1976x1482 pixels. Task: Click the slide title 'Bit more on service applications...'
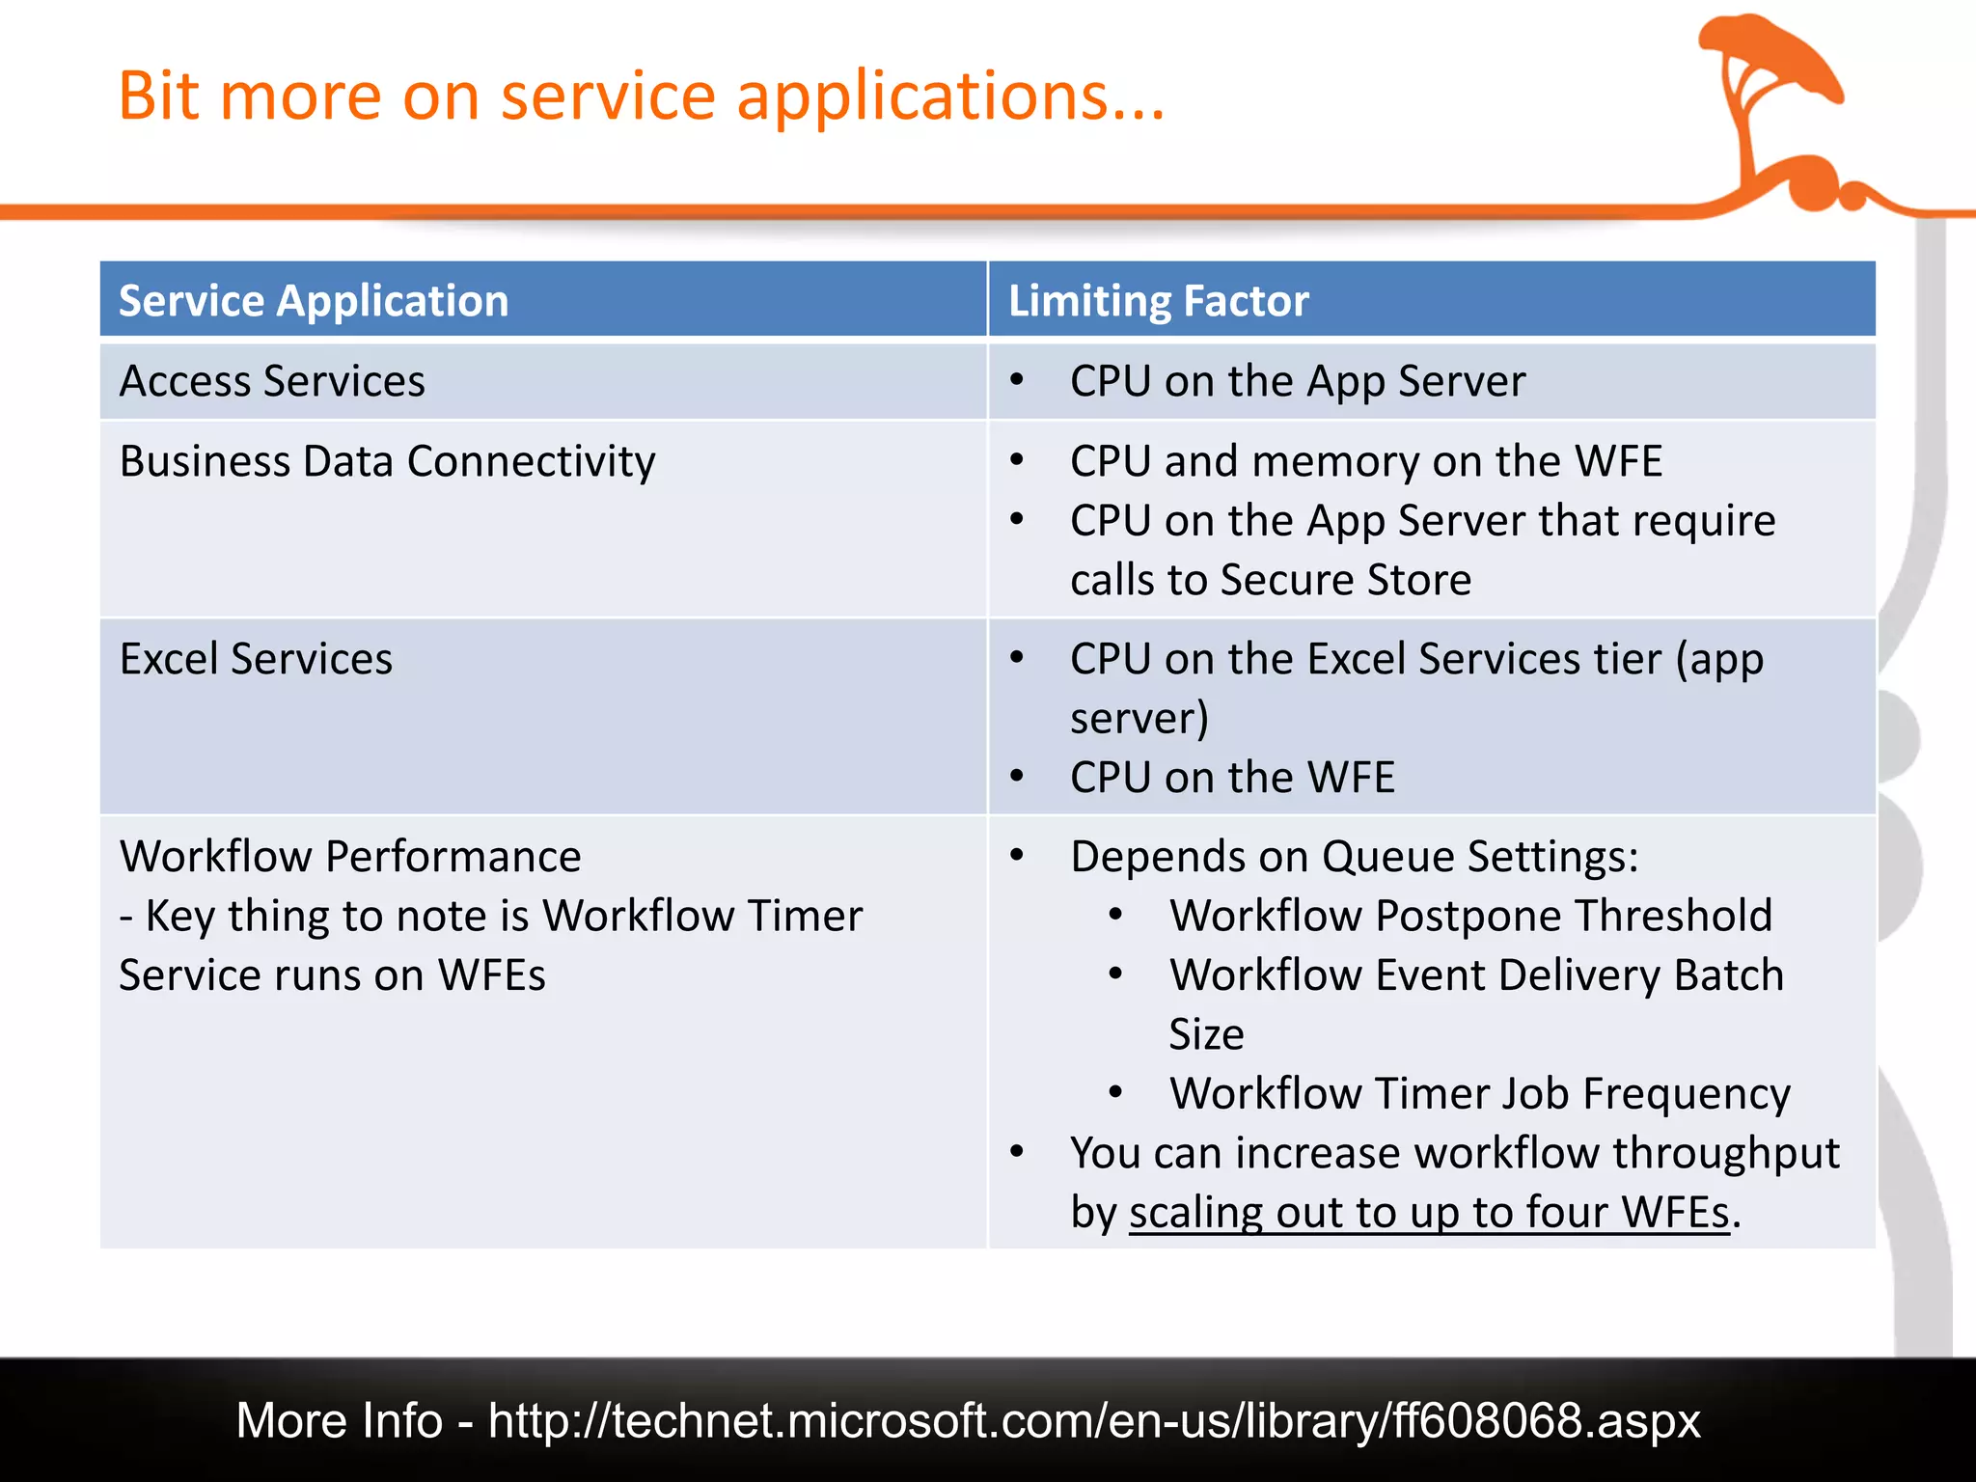click(x=642, y=96)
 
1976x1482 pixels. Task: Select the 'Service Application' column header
click(x=314, y=301)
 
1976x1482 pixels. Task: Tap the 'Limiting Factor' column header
click(x=1158, y=301)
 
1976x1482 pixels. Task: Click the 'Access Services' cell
click(x=272, y=381)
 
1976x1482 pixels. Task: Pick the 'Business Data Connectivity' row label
click(x=387, y=461)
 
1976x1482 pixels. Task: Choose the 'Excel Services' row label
click(x=256, y=659)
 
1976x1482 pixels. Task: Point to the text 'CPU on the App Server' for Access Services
click(x=1298, y=381)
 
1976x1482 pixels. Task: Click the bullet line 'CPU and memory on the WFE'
click(x=1365, y=461)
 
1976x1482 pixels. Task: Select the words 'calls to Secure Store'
click(x=1271, y=580)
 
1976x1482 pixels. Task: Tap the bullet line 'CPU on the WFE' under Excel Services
click(x=1232, y=778)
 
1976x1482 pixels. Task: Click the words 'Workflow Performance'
click(x=350, y=857)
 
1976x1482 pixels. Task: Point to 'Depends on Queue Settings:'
click(x=1355, y=857)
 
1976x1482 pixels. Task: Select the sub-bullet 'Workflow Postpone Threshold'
click(x=1470, y=916)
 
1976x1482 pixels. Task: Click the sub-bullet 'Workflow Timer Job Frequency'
click(x=1480, y=1094)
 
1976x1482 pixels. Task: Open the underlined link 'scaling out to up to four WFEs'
click(x=1429, y=1213)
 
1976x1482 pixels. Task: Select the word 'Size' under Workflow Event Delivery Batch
click(x=1206, y=1034)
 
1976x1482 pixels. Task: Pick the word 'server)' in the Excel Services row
click(x=1139, y=719)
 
